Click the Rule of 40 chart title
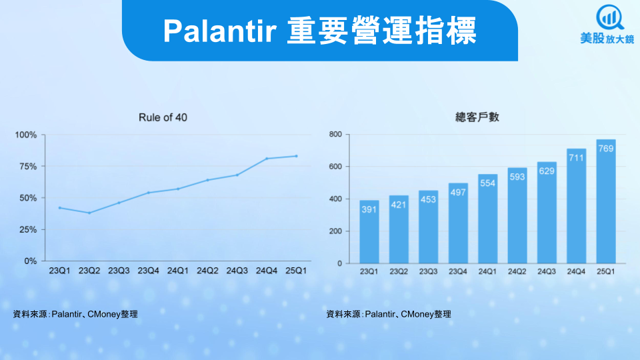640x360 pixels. (163, 117)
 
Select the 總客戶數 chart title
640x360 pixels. (477, 117)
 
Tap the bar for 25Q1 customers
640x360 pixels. (606, 201)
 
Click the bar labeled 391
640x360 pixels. (369, 232)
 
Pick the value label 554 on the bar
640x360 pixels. (488, 183)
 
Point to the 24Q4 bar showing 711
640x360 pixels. (576, 206)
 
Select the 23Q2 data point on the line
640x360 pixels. (89, 213)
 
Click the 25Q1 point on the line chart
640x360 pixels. (296, 156)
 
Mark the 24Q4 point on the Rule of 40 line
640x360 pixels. (267, 159)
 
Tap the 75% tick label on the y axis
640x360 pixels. (28, 167)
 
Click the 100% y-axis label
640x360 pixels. (26, 135)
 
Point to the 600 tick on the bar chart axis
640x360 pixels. (335, 167)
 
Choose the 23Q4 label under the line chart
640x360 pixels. (148, 271)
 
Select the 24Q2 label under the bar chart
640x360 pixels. (517, 271)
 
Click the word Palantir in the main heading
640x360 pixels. (220, 31)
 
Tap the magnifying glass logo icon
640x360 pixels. (610, 17)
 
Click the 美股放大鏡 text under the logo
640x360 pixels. (607, 39)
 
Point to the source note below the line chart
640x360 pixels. (75, 314)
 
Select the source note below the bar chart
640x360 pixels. (389, 314)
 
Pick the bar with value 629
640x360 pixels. (547, 213)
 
